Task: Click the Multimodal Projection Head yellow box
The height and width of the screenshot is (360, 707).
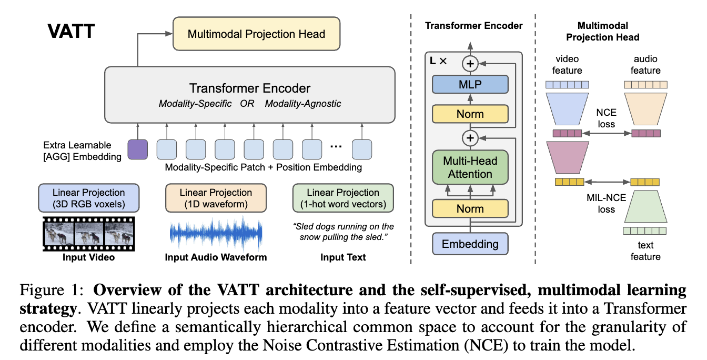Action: pos(256,34)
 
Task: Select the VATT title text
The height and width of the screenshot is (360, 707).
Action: pos(71,32)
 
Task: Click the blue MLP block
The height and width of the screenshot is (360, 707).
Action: pos(470,84)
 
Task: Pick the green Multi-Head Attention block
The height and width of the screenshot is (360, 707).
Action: pos(470,167)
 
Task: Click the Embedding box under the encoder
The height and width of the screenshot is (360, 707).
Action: pos(470,244)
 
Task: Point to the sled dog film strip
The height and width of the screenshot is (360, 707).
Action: pos(89,234)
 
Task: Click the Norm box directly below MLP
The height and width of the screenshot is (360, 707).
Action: pos(470,114)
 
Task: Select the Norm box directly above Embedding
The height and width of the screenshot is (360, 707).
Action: pos(470,209)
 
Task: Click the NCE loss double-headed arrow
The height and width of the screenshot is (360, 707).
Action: pos(606,134)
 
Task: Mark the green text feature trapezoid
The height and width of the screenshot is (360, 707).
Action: pos(645,207)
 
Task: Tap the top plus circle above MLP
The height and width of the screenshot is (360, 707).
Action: pos(470,64)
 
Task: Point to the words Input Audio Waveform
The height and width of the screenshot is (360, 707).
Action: pos(216,258)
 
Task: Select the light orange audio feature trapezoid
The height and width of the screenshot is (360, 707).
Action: pos(645,106)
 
